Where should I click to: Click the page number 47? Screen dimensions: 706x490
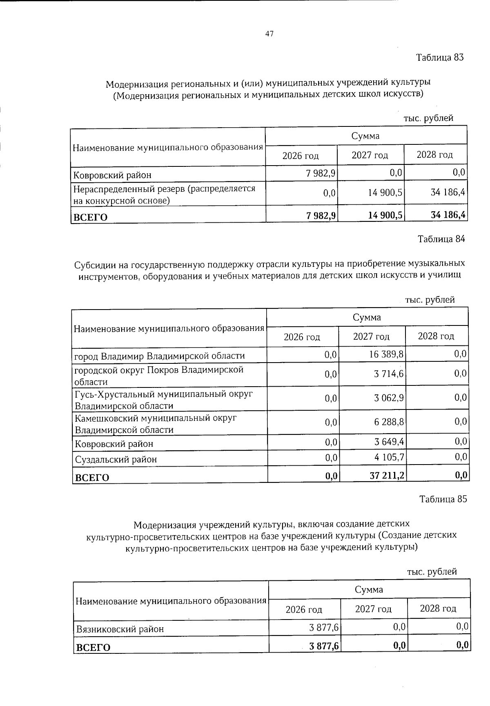(269, 34)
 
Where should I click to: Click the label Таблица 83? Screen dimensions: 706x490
(440, 58)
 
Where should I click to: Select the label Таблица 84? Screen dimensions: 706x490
(441, 239)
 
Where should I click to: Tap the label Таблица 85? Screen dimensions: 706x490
(443, 499)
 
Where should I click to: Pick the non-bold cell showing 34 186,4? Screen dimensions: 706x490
(448, 192)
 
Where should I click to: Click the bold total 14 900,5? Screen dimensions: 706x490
(385, 215)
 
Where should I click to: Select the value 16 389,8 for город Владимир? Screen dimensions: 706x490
(386, 354)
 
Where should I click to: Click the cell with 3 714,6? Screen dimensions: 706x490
(389, 374)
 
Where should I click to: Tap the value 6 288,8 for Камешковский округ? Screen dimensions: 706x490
(389, 422)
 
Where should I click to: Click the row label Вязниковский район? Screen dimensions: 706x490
(120, 629)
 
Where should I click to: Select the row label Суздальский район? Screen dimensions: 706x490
(116, 460)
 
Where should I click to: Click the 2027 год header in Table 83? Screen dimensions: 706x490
(370, 155)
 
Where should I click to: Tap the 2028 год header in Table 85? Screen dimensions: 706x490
(438, 609)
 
